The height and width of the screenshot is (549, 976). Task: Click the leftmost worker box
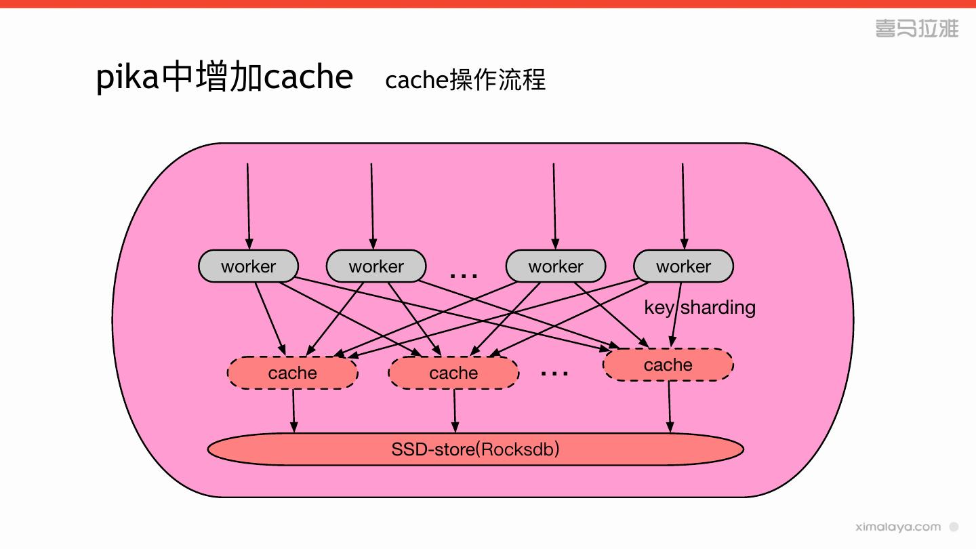click(248, 266)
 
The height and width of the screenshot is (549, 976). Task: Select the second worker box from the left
click(376, 266)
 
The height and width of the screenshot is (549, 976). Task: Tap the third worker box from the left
click(556, 266)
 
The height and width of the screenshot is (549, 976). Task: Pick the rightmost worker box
click(683, 266)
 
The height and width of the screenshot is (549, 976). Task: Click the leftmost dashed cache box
click(292, 373)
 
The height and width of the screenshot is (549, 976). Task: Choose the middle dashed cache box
click(453, 373)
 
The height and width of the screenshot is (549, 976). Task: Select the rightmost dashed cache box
click(668, 365)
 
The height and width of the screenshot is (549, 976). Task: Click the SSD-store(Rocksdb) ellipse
click(475, 449)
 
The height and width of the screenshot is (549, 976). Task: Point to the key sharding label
click(699, 308)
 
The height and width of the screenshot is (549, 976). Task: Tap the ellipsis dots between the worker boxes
click(464, 276)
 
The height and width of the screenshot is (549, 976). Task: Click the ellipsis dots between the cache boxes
click(554, 373)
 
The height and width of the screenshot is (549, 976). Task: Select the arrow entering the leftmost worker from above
click(248, 206)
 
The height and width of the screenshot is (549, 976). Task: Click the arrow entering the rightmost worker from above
click(683, 206)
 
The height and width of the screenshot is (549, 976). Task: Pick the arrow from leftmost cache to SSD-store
click(293, 411)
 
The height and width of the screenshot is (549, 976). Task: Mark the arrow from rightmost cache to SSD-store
click(670, 407)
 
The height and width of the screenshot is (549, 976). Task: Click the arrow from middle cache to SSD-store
click(455, 411)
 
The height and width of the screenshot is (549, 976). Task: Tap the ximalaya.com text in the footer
click(898, 527)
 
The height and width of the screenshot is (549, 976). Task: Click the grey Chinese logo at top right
click(917, 28)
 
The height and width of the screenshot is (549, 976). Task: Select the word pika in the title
click(127, 77)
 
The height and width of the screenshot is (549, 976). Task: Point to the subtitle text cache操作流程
click(466, 80)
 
